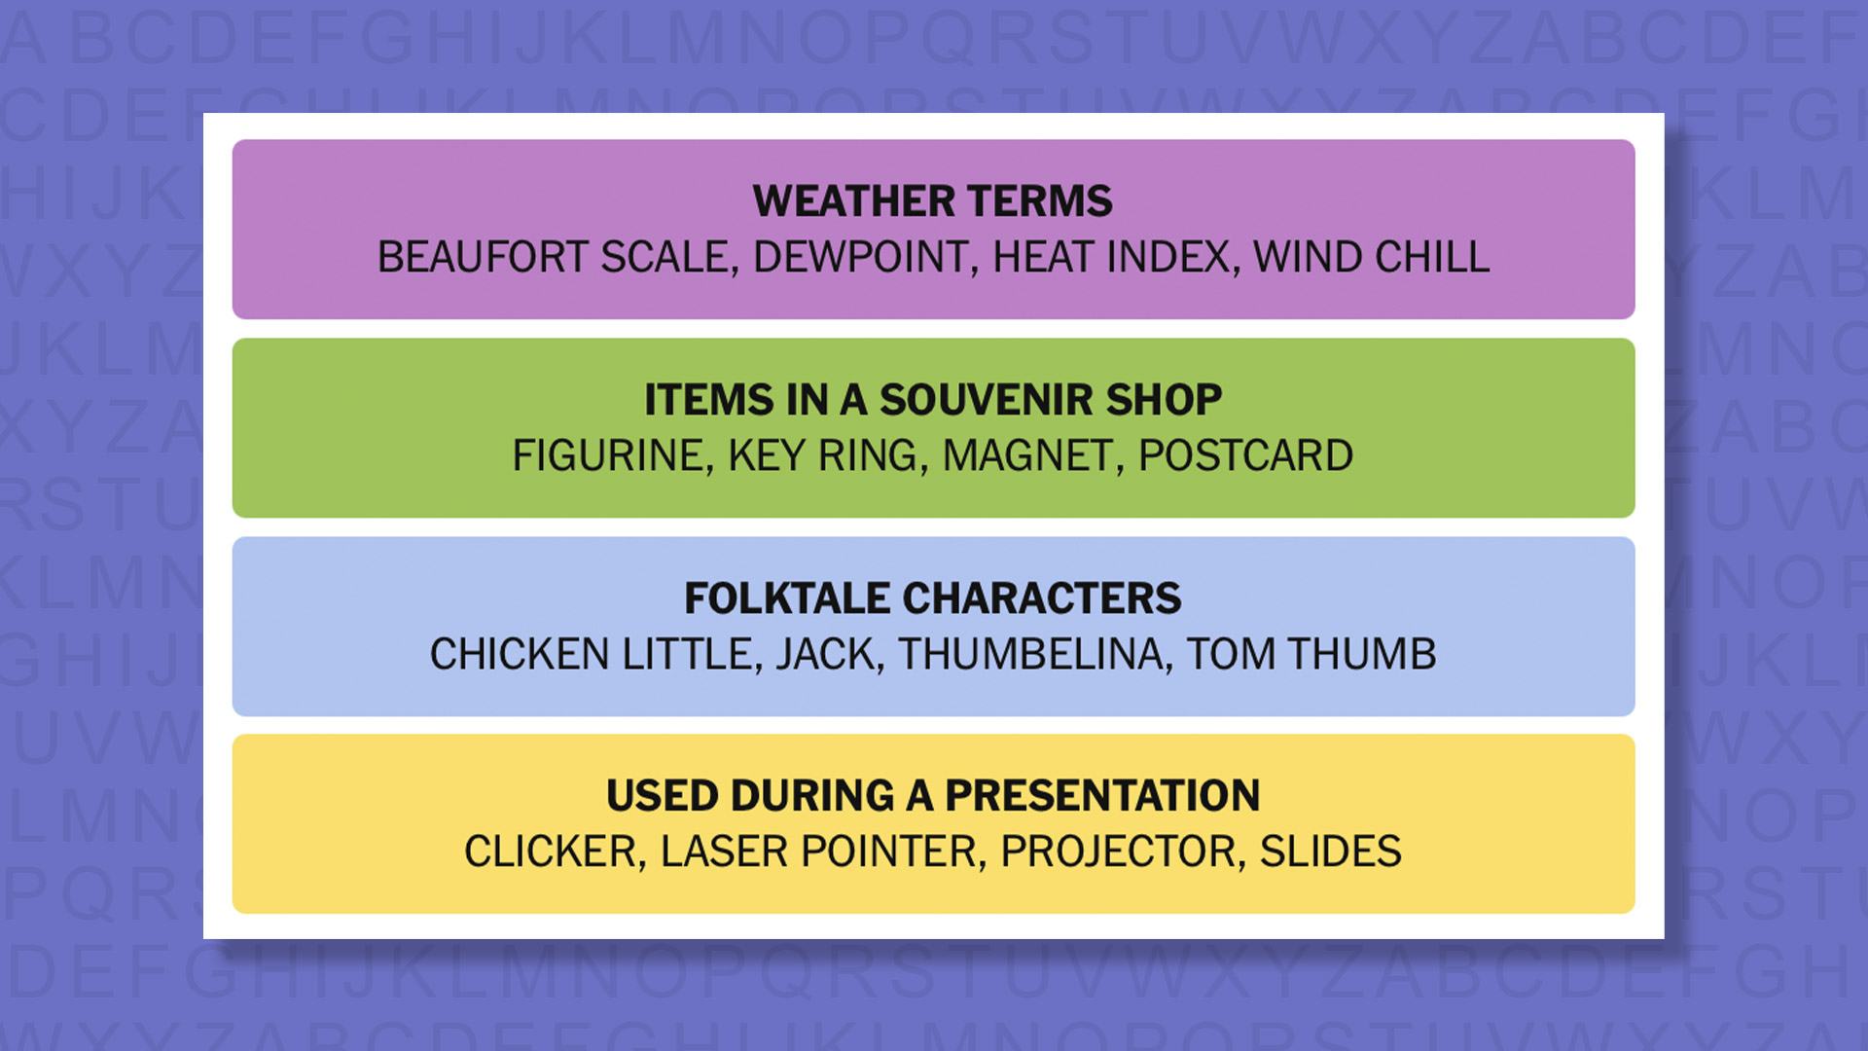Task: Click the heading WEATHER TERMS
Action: click(x=932, y=201)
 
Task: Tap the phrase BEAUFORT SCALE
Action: click(x=552, y=258)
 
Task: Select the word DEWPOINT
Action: click(x=860, y=258)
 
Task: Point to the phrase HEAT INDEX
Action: click(x=1110, y=258)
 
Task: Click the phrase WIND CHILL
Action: click(x=1371, y=258)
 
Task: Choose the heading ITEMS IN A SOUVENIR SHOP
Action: click(x=932, y=400)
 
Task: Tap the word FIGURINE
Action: click(x=607, y=456)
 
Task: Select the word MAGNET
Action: click(x=1026, y=456)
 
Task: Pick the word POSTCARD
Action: click(x=1245, y=456)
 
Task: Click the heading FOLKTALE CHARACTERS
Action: click(x=932, y=598)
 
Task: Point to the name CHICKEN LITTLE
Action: click(x=591, y=655)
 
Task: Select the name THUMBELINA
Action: click(x=1029, y=655)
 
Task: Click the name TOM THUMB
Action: click(x=1311, y=655)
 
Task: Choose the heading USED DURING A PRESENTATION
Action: click(x=932, y=796)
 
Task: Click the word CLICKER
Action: click(x=549, y=852)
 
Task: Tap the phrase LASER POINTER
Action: click(x=817, y=852)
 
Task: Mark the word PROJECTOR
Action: click(x=1117, y=852)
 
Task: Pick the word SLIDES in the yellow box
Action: click(x=1330, y=852)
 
